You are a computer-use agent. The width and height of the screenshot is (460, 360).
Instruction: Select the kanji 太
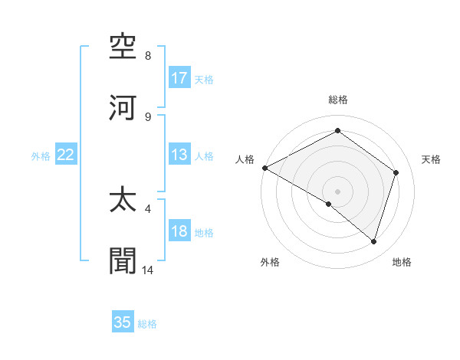(123, 200)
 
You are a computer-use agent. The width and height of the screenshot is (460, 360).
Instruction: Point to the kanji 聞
(123, 260)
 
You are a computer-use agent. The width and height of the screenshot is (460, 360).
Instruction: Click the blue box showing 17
(179, 78)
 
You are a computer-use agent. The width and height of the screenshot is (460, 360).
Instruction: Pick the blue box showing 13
(179, 155)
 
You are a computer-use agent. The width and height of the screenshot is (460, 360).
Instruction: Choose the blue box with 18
(179, 232)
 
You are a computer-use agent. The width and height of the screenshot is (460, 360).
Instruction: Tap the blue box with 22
(66, 155)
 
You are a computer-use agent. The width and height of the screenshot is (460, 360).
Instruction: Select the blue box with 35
(123, 322)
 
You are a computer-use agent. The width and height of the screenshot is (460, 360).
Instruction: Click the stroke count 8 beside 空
(148, 56)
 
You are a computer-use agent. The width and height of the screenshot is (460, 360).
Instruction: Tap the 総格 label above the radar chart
(338, 100)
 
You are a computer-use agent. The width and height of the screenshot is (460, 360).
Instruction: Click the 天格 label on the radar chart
(431, 159)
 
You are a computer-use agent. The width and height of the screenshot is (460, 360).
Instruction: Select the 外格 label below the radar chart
(270, 262)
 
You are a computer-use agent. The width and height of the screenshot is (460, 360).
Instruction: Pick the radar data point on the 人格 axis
(264, 168)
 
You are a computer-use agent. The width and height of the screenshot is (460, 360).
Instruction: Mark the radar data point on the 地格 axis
(373, 241)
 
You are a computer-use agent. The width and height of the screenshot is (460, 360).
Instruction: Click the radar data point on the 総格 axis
(337, 131)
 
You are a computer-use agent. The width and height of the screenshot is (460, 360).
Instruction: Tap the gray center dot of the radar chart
(337, 191)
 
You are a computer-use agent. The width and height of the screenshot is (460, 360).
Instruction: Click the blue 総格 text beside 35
(147, 324)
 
